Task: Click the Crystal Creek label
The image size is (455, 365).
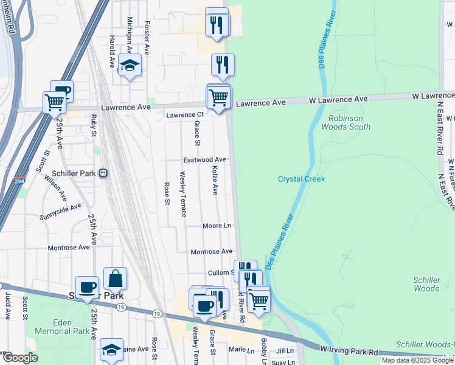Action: [302, 179]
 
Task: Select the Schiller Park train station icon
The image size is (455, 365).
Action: [103, 173]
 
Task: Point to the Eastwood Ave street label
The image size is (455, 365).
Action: [205, 160]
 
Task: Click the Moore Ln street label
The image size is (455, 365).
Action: [217, 226]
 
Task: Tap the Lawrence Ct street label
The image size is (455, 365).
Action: [185, 114]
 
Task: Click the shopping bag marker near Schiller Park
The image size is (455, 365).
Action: [115, 279]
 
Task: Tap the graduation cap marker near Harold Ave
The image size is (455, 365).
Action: [130, 65]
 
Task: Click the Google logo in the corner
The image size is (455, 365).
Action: [20, 357]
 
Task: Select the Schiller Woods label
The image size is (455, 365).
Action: [426, 284]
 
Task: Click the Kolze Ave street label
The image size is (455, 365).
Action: [214, 179]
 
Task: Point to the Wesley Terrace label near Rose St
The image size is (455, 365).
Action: [182, 194]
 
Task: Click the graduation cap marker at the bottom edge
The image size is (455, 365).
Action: [111, 350]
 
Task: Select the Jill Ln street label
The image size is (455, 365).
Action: [285, 351]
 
